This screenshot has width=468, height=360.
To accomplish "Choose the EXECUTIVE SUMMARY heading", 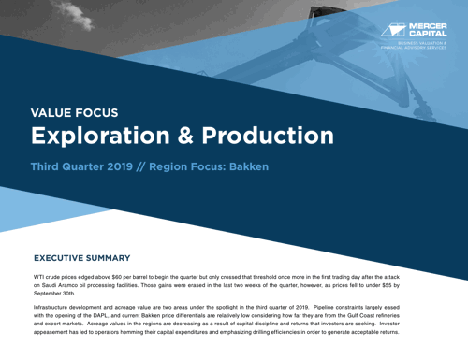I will coord(89,256).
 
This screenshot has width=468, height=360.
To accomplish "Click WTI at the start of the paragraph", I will coord(41,279).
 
